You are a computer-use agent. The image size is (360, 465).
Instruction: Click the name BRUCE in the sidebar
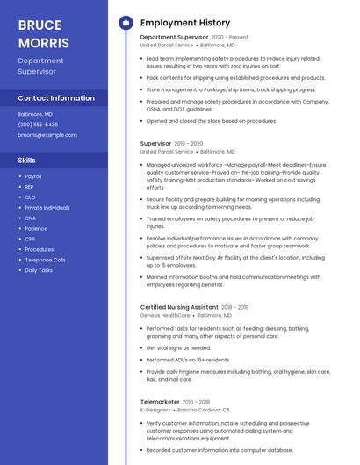coord(40,25)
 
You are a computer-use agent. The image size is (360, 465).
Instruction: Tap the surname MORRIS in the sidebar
coord(43,42)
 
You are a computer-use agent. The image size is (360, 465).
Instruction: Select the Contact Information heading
coord(56,98)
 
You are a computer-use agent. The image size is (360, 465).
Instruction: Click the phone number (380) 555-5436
coord(38,125)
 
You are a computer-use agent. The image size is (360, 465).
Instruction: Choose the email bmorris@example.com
coord(47,135)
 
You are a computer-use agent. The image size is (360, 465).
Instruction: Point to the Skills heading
coord(27,161)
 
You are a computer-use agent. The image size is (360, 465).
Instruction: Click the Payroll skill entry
coord(33,176)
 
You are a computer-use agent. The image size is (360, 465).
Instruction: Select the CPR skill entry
coord(30,239)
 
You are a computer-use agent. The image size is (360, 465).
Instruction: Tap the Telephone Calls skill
coord(45,260)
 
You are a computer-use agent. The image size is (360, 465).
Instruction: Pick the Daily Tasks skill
coord(39,270)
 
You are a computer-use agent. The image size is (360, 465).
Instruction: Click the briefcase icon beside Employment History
coord(126,23)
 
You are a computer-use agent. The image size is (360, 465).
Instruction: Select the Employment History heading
coord(185,23)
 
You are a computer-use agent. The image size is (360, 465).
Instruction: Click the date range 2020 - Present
coord(230,38)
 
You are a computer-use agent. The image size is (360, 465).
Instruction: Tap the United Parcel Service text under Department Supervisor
coord(167,45)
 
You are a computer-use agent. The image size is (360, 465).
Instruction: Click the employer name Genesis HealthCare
coord(165,314)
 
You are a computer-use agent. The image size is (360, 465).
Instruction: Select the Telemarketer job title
coord(160,402)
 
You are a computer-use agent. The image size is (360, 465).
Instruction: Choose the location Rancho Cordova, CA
coord(204,410)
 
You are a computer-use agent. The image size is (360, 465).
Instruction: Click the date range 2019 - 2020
coord(189,143)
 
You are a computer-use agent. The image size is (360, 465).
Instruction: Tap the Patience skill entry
coord(36,228)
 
